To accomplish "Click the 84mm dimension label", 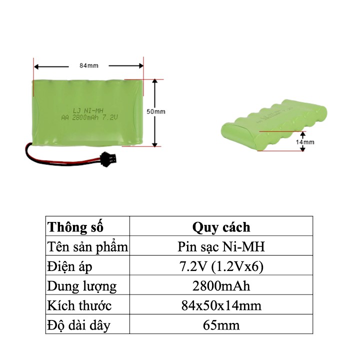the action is pyautogui.click(x=88, y=65).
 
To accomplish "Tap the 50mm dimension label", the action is pyautogui.click(x=155, y=111).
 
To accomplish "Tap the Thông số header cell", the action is pyautogui.click(x=75, y=227).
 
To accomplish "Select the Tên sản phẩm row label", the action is pyautogui.click(x=87, y=246).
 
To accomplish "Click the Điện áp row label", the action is pyautogui.click(x=69, y=266).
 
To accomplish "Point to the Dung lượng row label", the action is pyautogui.click(x=81, y=286).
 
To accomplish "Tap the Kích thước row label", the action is pyautogui.click(x=79, y=305).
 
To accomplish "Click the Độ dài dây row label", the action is pyautogui.click(x=78, y=325).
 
